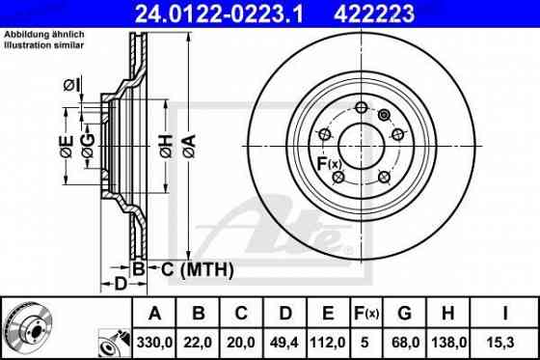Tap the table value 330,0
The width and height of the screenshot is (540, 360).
155,340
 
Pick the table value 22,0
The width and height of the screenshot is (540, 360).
198,340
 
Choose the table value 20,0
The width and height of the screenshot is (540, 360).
241,340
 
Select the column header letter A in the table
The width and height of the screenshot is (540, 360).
155,313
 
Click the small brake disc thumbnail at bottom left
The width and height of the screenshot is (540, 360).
31,325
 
